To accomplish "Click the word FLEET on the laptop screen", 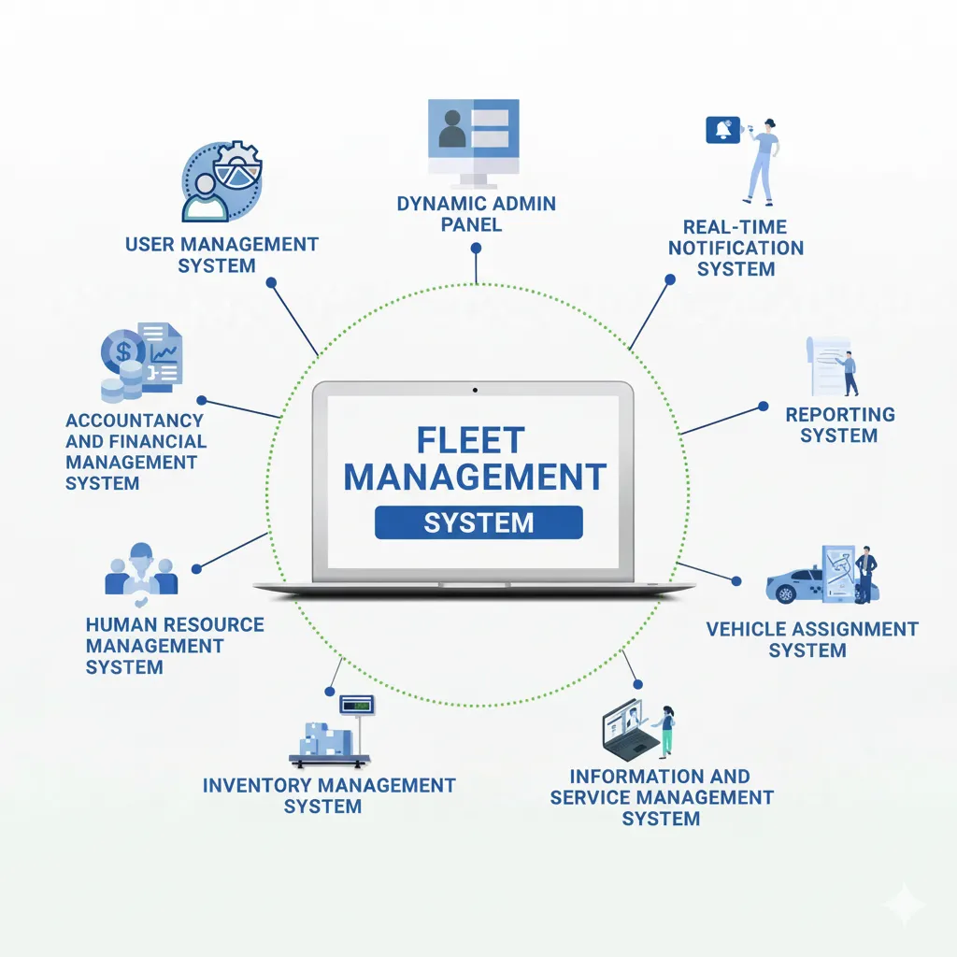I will pos(471,441).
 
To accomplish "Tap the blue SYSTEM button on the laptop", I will pos(478,522).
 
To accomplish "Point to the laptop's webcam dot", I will pos(475,389).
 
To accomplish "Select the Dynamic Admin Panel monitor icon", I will pos(473,141).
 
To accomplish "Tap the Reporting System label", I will pos(839,424).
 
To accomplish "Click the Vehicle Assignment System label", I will pos(811,639).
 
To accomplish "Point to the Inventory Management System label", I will pos(329,795).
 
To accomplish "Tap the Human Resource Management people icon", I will pos(141,569).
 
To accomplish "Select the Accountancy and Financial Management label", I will pos(135,451).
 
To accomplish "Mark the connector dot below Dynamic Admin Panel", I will pos(476,249).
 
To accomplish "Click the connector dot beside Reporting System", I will pos(763,407).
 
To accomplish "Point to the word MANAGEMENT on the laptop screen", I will pos(475,478).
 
